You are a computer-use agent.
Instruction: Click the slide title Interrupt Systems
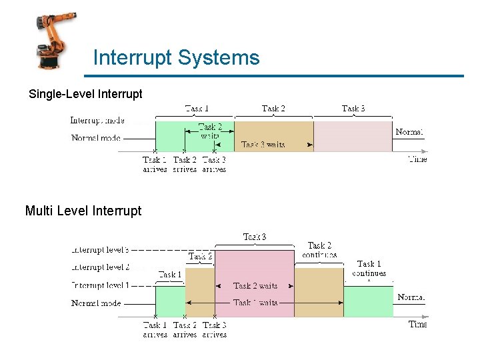176,57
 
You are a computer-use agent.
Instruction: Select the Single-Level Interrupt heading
85,94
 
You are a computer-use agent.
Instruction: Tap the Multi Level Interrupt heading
83,211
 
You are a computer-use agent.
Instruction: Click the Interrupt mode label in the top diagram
97,121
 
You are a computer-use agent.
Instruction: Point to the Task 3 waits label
263,144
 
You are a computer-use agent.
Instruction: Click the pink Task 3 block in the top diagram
353,136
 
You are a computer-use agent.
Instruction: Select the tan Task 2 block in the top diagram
273,131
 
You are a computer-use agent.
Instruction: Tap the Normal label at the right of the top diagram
409,132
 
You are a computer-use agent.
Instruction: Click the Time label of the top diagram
417,159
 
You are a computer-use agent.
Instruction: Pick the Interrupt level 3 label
100,250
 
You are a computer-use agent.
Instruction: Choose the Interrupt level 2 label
100,267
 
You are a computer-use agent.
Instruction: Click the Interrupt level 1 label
100,285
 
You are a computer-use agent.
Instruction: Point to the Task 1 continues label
369,269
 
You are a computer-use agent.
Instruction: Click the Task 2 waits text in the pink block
255,285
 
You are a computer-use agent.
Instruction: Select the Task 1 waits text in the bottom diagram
255,303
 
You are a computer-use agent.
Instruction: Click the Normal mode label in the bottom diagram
97,303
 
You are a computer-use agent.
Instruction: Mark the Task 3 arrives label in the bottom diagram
214,329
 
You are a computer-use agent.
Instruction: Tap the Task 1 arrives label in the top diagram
155,165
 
